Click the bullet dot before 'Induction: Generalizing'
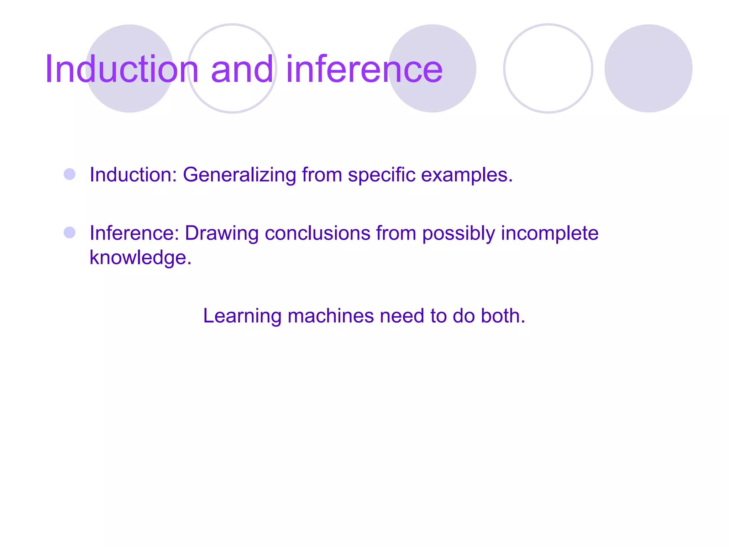pos(69,174)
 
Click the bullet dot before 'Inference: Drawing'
pos(69,233)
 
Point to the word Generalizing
pos(239,175)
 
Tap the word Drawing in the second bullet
pos(221,234)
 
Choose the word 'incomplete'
pos(550,234)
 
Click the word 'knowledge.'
pos(141,258)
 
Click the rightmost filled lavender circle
pos(648,68)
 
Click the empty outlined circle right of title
pos(548,68)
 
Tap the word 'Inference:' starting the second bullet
pos(134,234)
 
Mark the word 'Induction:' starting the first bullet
pos(133,175)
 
